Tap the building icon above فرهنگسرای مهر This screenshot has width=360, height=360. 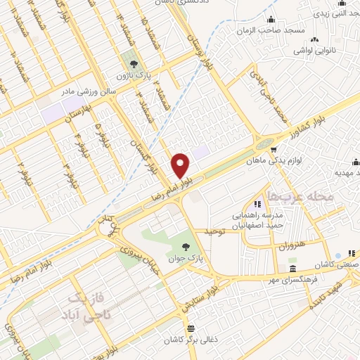(293, 269)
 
